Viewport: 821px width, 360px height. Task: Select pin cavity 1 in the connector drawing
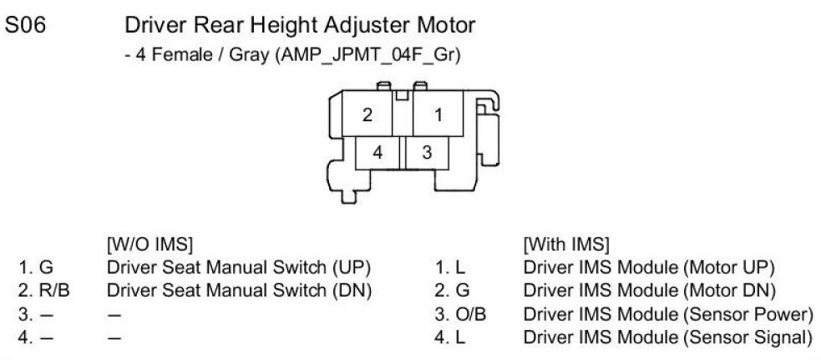(x=438, y=116)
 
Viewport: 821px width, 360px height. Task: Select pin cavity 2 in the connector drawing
(x=367, y=116)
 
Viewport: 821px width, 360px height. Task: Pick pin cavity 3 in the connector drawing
(x=427, y=153)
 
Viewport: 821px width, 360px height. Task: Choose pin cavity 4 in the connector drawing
(x=378, y=153)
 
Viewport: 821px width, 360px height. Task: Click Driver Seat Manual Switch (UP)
(x=239, y=269)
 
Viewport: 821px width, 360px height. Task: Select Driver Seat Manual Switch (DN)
(x=239, y=292)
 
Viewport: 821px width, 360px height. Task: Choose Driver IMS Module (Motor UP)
(x=649, y=269)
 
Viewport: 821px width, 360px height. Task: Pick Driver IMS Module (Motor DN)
(x=649, y=292)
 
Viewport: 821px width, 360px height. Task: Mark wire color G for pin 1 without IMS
(x=46, y=269)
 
